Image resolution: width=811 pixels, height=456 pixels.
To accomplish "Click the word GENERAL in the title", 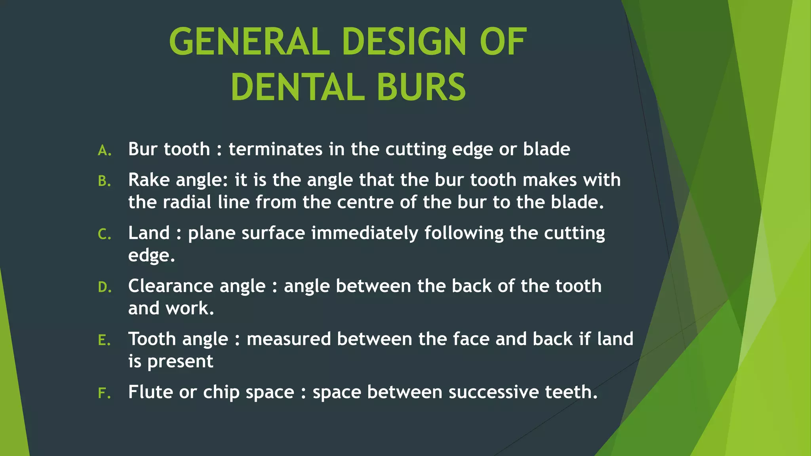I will click(x=249, y=42).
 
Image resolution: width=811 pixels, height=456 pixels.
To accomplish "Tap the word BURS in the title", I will click(x=421, y=87).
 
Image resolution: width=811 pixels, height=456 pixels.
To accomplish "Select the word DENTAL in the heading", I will click(x=297, y=87).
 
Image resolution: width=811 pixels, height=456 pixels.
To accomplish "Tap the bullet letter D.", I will click(x=104, y=287).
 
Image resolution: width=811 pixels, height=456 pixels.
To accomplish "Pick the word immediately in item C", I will click(x=365, y=234).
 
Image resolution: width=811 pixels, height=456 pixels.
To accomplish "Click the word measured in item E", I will click(x=289, y=339).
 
